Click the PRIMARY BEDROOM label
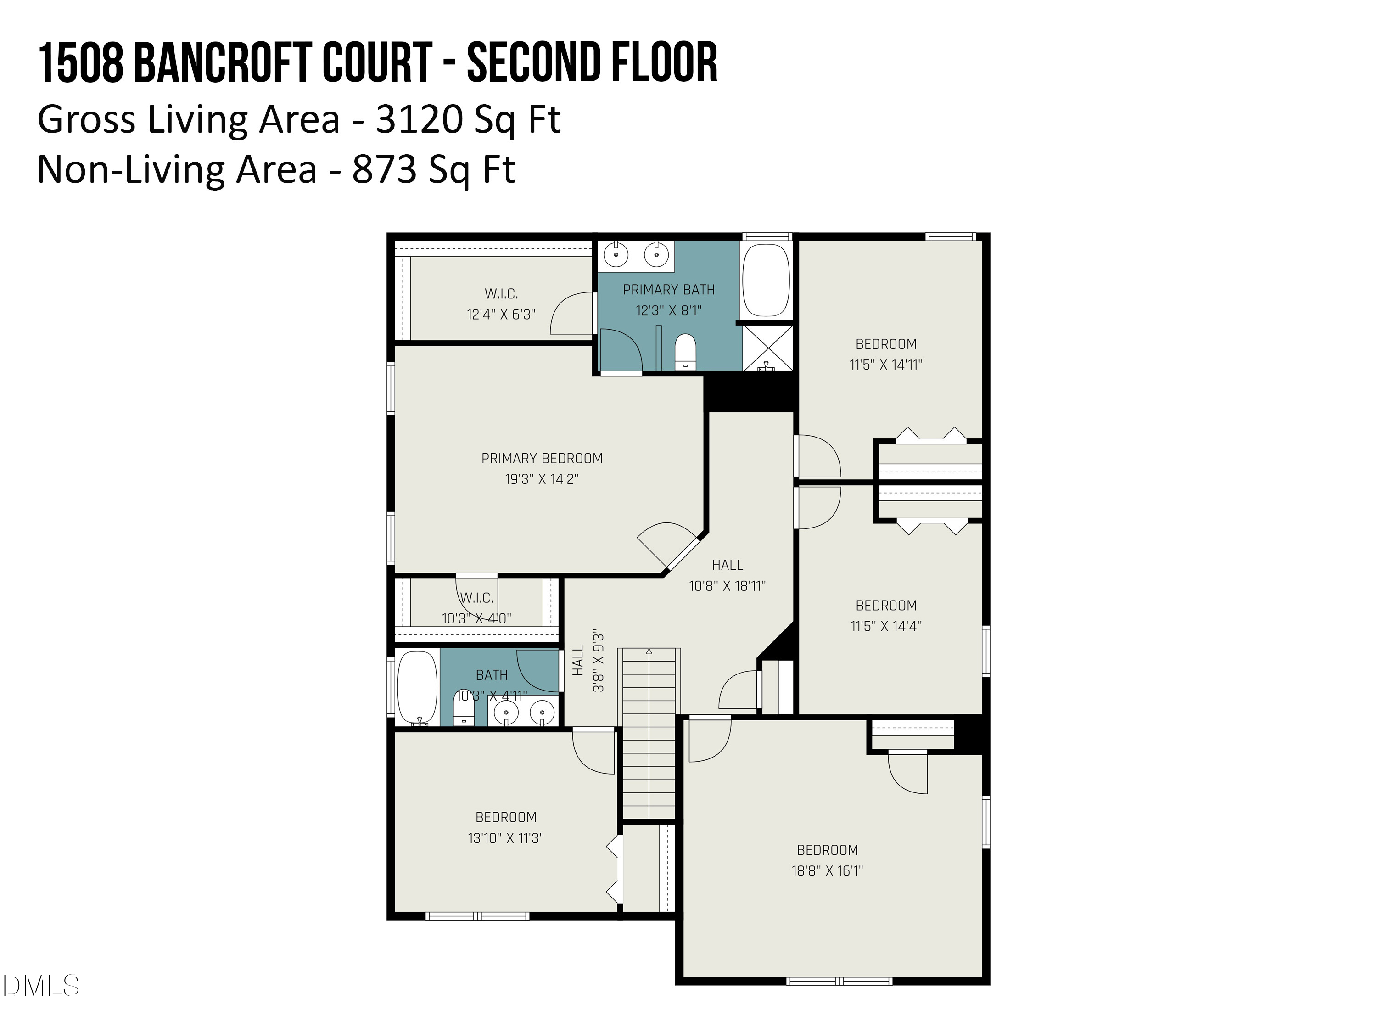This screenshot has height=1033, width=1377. (542, 458)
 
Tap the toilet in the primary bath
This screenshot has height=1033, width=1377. (685, 352)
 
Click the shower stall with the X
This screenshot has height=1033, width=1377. (768, 348)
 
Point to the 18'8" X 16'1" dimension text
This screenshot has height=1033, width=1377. (827, 870)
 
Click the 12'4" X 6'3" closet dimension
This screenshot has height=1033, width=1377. (501, 314)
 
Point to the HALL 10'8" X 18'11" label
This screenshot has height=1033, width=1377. (727, 575)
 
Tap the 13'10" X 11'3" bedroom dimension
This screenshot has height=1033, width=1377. (505, 838)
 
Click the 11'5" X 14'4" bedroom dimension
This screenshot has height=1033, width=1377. (886, 626)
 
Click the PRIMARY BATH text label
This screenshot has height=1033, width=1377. (669, 290)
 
